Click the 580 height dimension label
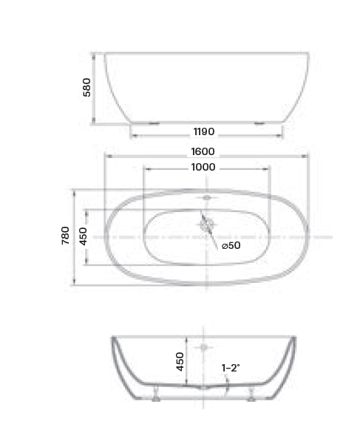(x=86, y=88)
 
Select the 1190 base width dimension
(x=203, y=132)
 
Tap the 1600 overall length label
(x=203, y=151)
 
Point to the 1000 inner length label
(x=203, y=168)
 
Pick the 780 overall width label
(x=66, y=236)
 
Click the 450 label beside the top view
(x=84, y=236)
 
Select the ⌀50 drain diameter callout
(x=231, y=246)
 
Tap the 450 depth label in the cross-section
(x=180, y=360)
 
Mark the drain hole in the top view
(x=206, y=225)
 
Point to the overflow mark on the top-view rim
(x=206, y=198)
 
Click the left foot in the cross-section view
(x=156, y=396)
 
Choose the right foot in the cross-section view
(x=252, y=396)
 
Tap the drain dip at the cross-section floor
(x=203, y=386)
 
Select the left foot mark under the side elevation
(x=154, y=123)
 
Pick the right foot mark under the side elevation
(x=259, y=123)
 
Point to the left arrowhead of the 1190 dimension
(x=132, y=134)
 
